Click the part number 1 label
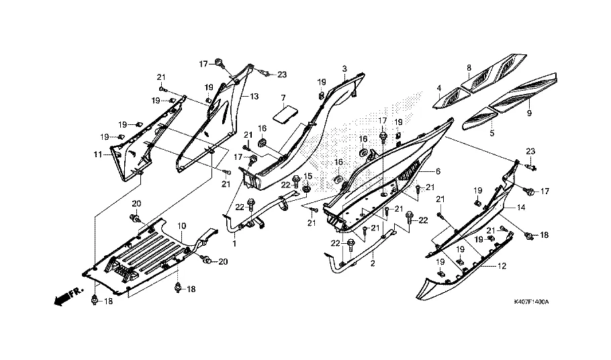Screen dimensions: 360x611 (x=234, y=243)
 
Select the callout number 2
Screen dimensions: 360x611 (x=373, y=264)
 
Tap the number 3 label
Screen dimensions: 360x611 (x=344, y=69)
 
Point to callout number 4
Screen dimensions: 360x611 (x=438, y=89)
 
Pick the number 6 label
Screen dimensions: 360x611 (x=438, y=172)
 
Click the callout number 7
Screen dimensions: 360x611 (x=283, y=98)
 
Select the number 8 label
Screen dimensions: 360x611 (x=469, y=68)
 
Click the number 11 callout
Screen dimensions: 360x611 (x=97, y=155)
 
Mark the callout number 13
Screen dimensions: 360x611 (x=254, y=97)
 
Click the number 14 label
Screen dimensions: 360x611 (x=520, y=209)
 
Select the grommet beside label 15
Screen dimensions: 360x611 (x=306, y=188)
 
